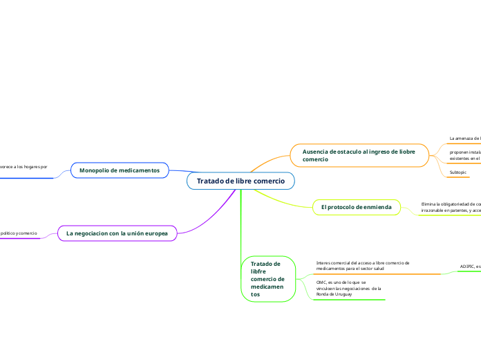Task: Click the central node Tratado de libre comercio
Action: tap(240, 181)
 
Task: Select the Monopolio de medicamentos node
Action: tap(120, 170)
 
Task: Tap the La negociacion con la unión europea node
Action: tap(117, 233)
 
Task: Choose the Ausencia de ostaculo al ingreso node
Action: tap(359, 155)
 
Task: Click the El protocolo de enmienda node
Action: tap(356, 207)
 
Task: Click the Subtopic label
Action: tap(458, 172)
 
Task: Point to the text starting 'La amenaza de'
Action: tap(464, 138)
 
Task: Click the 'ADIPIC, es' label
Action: tap(470, 267)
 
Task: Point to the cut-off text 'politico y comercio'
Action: tap(19, 233)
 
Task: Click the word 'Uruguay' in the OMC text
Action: tap(343, 294)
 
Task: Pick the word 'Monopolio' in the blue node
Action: tap(95, 170)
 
